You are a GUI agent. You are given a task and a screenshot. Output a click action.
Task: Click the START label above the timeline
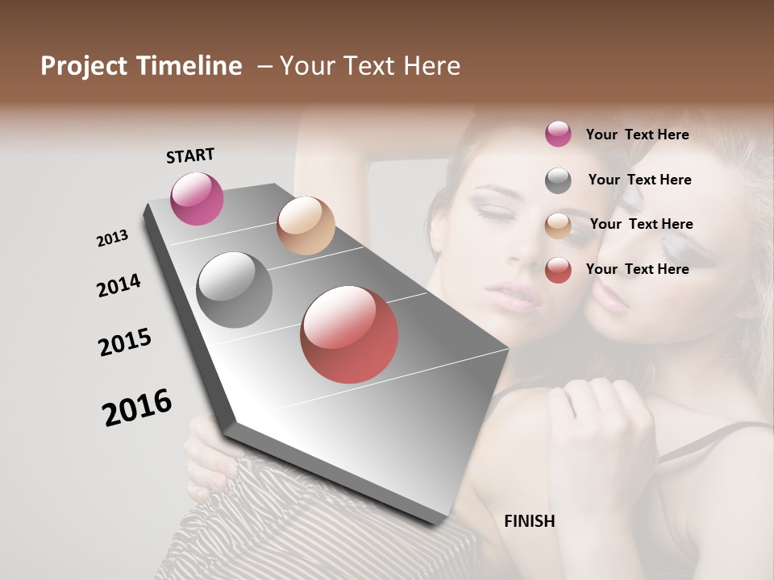pyautogui.click(x=190, y=155)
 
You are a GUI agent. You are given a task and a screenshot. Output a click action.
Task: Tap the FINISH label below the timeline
pyautogui.click(x=529, y=521)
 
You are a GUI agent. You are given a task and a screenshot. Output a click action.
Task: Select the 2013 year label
pyautogui.click(x=112, y=238)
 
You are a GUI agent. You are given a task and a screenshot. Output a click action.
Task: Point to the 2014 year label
pyautogui.click(x=119, y=285)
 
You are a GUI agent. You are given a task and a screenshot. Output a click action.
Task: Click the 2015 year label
pyautogui.click(x=125, y=342)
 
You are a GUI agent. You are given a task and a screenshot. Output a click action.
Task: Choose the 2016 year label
pyautogui.click(x=137, y=407)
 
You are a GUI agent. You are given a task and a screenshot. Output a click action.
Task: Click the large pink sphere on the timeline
pyautogui.click(x=197, y=198)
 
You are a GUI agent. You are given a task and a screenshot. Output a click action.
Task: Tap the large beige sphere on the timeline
pyautogui.click(x=306, y=226)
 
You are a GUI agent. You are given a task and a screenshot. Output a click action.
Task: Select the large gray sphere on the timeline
pyautogui.click(x=235, y=290)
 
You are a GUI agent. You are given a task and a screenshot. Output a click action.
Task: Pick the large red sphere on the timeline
pyautogui.click(x=349, y=334)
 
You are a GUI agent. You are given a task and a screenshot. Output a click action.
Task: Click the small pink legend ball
pyautogui.click(x=558, y=134)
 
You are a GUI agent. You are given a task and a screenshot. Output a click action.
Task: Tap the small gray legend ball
pyautogui.click(x=558, y=180)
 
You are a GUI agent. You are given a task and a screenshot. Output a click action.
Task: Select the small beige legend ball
pyautogui.click(x=558, y=226)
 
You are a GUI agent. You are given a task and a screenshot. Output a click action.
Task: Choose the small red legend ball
pyautogui.click(x=558, y=270)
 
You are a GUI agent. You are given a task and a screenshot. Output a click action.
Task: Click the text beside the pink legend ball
pyautogui.click(x=637, y=135)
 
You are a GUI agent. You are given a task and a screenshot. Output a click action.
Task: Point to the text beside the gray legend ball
pyautogui.click(x=639, y=180)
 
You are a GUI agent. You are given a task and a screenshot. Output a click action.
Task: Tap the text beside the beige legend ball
pyautogui.click(x=641, y=224)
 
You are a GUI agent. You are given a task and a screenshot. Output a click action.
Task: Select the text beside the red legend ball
pyautogui.click(x=637, y=269)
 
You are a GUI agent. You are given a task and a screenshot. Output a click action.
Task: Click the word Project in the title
pyautogui.click(x=83, y=66)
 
